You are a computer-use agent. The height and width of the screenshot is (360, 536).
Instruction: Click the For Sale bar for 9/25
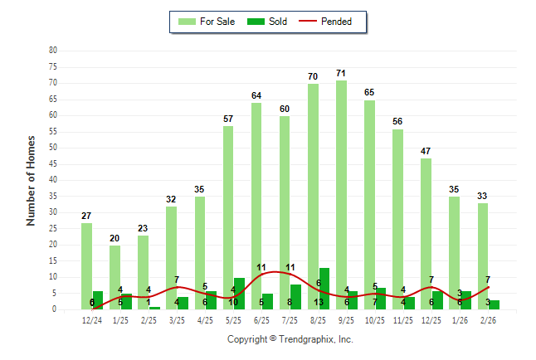point(342,195)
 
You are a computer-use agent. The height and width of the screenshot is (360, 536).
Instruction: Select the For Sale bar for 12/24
point(86,265)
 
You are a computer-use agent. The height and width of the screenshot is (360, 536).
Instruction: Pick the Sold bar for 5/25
point(239,294)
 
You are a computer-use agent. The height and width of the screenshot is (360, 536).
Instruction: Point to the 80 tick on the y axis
point(53,51)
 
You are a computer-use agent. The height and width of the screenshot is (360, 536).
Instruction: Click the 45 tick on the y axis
point(53,163)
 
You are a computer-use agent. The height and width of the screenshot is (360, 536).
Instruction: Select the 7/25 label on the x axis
point(290,320)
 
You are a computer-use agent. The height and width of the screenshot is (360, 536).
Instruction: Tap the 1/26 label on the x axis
point(460,320)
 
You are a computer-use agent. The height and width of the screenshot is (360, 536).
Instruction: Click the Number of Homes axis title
point(31,180)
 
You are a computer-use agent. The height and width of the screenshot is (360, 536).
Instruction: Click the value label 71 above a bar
point(341,74)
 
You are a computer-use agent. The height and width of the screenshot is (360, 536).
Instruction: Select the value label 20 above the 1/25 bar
point(115,239)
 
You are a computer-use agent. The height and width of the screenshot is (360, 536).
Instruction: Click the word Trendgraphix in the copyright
point(307,339)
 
